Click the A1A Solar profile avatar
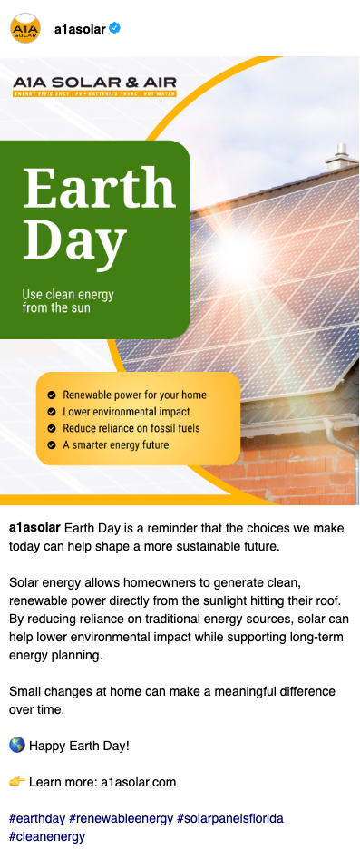click(24, 28)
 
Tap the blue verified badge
click(114, 28)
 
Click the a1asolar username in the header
click(80, 29)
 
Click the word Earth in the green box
click(99, 188)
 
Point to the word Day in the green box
click(74, 239)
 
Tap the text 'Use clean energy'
click(68, 295)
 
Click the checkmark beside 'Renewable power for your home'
click(52, 395)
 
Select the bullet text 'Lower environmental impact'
click(126, 412)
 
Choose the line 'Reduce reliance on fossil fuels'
click(131, 428)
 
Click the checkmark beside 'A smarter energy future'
click(52, 445)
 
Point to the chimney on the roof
click(341, 157)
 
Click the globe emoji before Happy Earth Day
click(17, 746)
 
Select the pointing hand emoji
click(17, 782)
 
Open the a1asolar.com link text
click(139, 783)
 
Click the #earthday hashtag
click(36, 818)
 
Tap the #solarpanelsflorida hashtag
click(230, 818)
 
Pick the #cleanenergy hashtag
click(47, 837)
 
